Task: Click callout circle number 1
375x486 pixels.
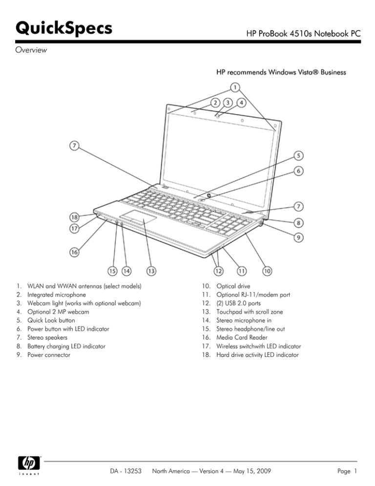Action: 235,88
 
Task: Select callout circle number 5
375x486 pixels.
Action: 298,156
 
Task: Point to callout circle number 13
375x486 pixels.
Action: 151,270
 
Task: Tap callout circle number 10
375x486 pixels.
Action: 268,270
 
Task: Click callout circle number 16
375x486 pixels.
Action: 74,253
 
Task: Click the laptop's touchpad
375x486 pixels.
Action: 138,219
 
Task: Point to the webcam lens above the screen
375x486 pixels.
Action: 218,116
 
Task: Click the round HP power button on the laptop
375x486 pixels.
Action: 208,196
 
